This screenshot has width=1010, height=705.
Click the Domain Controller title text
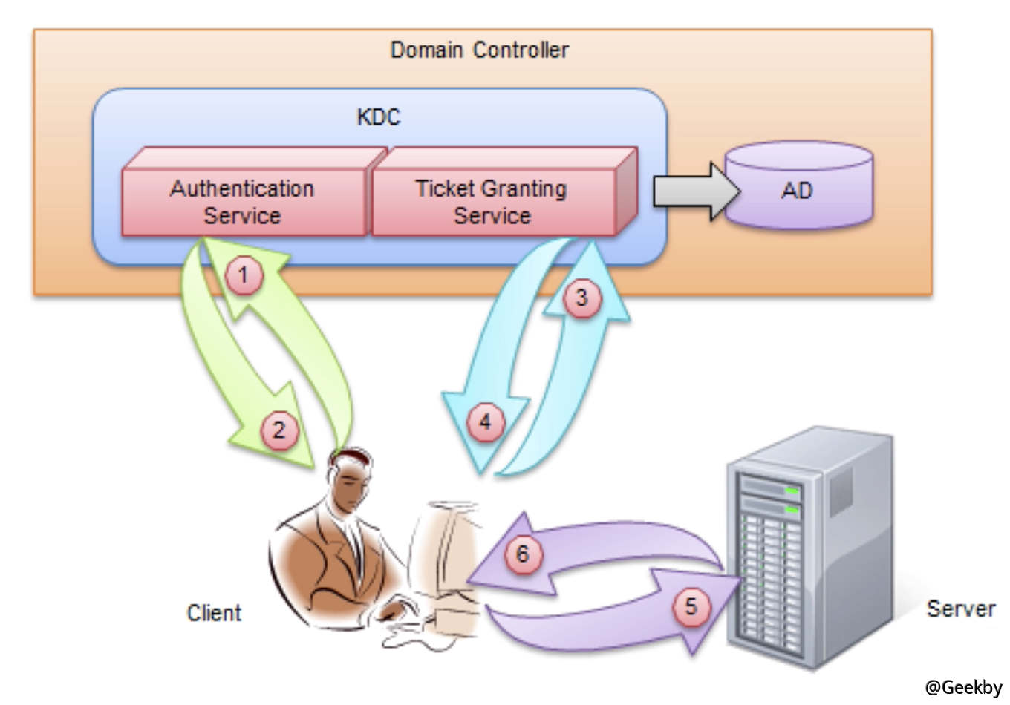479,50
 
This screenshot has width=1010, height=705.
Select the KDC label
378,117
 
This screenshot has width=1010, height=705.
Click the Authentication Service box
243,201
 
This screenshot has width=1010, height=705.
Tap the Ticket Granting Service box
492,201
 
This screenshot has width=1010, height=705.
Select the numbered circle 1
243,275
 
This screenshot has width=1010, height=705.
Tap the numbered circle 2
279,430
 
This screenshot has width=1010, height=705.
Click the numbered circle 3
581,298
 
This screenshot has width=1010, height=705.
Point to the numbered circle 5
691,606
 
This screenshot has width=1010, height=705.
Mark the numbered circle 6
523,554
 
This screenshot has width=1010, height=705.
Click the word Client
214,613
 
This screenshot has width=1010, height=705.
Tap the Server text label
960,609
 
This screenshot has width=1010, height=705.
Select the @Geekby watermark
963,688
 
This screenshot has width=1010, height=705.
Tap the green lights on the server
792,500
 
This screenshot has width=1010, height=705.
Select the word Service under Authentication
243,216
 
